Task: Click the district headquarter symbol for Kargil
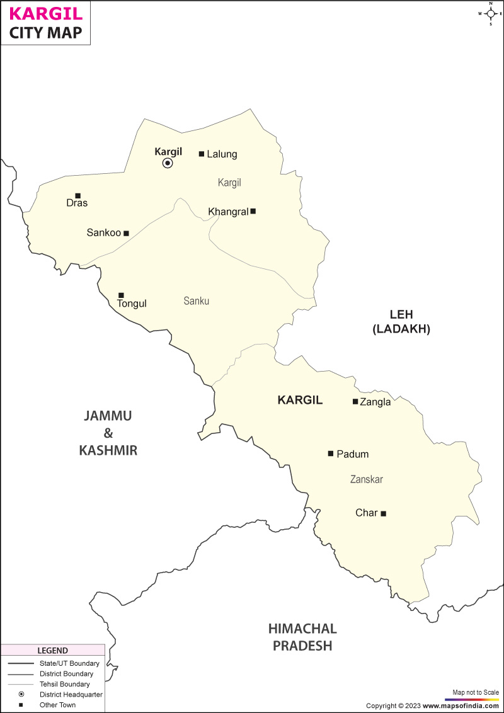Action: (168, 163)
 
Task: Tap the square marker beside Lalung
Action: (202, 154)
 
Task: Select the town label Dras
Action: (77, 203)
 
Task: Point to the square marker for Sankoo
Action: (126, 233)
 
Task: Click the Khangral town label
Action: (228, 212)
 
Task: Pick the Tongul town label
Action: (132, 304)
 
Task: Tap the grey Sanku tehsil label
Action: (197, 301)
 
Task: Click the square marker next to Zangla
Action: (355, 401)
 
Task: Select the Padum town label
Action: (353, 454)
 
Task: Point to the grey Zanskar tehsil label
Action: (367, 480)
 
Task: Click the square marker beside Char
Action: (383, 513)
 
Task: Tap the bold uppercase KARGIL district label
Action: (300, 400)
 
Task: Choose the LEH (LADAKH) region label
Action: (401, 321)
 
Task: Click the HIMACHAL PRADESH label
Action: (302, 637)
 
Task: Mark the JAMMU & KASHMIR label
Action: (108, 433)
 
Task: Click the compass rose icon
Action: (491, 13)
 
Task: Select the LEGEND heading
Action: (52, 651)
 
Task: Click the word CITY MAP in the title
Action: (46, 33)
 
